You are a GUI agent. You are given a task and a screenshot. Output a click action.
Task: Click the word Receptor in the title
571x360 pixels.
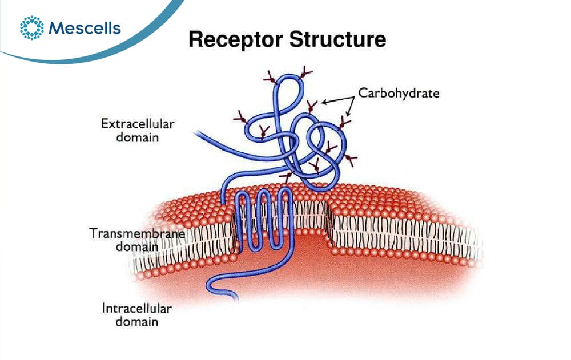[236, 40]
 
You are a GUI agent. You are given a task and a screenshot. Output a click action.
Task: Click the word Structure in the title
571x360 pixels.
[337, 39]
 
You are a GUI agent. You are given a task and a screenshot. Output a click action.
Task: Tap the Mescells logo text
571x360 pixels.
[85, 28]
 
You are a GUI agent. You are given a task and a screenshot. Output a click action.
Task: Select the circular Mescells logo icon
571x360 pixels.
[31, 27]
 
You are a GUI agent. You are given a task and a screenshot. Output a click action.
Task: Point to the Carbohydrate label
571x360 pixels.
[399, 93]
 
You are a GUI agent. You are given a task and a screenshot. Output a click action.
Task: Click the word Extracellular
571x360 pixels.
[138, 124]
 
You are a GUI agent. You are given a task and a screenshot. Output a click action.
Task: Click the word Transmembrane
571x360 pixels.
[137, 233]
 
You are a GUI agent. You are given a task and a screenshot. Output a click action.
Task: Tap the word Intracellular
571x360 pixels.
[137, 308]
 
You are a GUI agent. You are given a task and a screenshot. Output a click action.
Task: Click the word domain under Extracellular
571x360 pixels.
[137, 137]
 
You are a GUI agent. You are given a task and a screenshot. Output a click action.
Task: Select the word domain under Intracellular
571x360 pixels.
[137, 322]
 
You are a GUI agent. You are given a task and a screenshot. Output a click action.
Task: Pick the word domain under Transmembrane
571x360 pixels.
[137, 247]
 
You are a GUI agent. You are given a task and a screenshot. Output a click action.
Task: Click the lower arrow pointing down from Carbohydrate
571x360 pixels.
[351, 107]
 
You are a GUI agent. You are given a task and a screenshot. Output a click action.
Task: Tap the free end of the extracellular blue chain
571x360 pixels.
[196, 133]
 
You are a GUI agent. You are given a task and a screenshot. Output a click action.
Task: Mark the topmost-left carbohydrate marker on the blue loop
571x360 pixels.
[271, 78]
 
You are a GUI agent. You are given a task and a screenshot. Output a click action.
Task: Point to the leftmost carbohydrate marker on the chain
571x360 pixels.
[241, 117]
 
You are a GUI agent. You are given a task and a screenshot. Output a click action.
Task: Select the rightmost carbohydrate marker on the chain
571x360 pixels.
[351, 159]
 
